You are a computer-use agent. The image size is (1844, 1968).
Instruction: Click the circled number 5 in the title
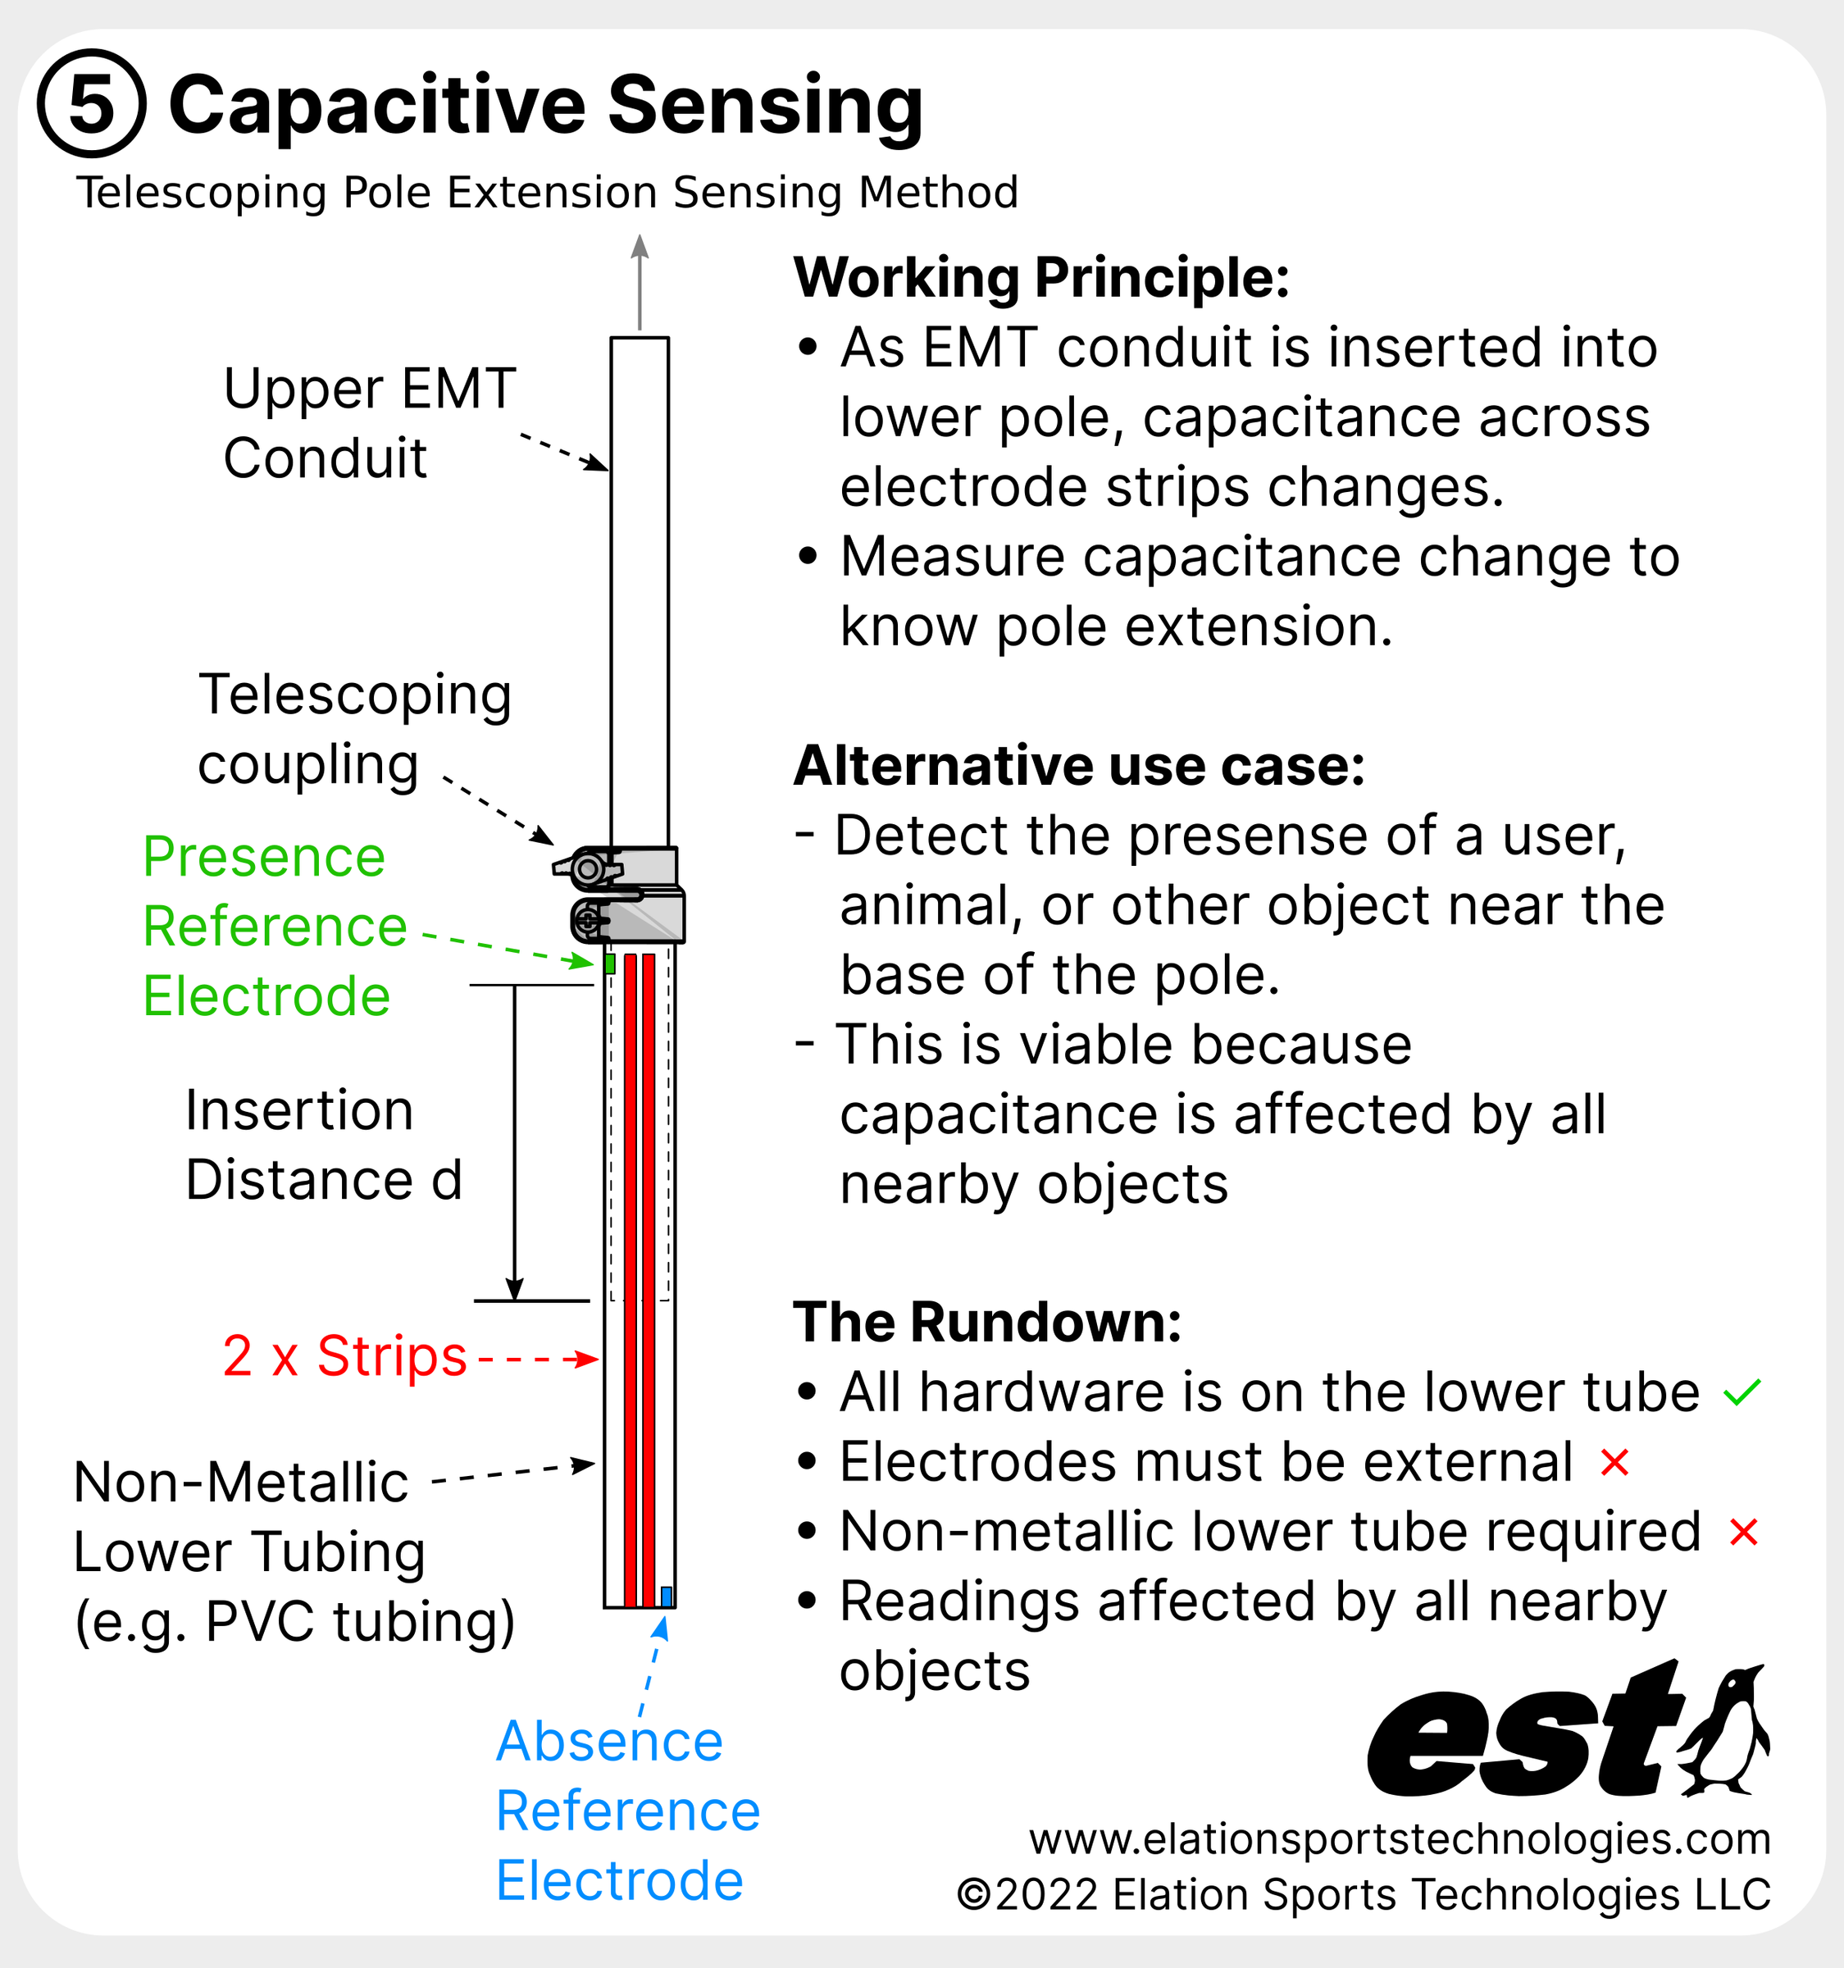tap(91, 103)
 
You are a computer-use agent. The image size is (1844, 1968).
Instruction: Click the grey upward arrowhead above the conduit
tap(640, 247)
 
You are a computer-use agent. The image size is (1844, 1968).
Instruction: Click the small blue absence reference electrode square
tap(666, 1596)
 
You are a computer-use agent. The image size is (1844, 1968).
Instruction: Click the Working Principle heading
tap(1041, 278)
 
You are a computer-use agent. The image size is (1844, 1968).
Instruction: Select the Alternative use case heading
tap(1079, 766)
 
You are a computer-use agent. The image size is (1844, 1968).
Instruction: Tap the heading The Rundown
tap(987, 1323)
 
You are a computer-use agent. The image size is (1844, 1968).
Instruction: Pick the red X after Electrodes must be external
tap(1614, 1462)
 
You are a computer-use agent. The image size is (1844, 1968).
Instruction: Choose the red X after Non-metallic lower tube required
tap(1743, 1533)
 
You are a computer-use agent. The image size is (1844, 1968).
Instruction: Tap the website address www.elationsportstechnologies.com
tap(1399, 1839)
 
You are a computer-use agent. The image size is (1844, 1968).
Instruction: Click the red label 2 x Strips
tap(344, 1356)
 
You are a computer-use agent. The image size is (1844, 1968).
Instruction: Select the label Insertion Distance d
tap(323, 1145)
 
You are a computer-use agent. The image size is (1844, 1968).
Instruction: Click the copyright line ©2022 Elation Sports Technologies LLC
tap(1363, 1895)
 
